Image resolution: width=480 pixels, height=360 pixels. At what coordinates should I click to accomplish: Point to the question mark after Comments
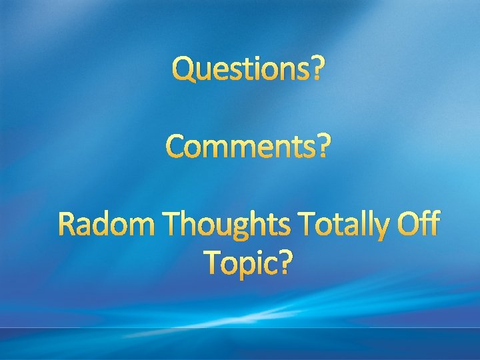[x=322, y=147]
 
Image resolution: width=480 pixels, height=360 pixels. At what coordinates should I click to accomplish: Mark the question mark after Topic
[x=285, y=262]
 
